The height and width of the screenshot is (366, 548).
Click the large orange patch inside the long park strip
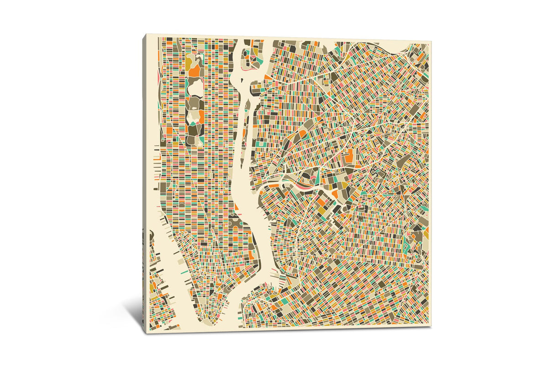coord(195,71)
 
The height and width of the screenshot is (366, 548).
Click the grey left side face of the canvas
coord(144,183)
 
